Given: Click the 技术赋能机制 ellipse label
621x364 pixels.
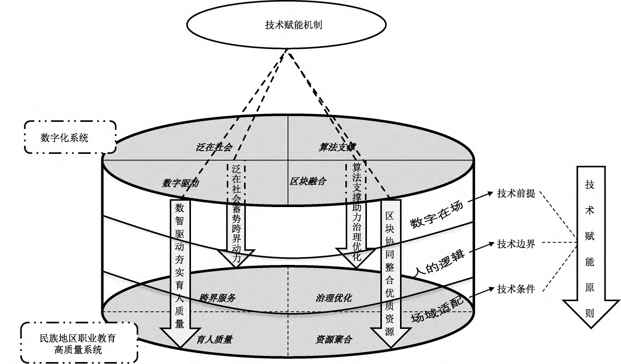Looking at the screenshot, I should point(293,25).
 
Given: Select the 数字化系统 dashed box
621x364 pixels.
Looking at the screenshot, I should point(70,138).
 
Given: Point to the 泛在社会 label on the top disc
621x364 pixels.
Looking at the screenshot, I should point(214,147).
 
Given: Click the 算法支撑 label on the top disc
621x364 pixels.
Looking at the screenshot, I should point(336,147).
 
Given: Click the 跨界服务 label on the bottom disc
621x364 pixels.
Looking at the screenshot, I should point(217,298).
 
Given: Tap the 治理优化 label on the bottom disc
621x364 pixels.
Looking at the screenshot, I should point(333,298).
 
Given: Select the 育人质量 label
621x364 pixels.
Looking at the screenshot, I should point(214,340).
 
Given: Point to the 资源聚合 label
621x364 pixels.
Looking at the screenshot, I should point(333,340).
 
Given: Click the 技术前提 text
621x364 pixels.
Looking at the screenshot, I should point(516,194).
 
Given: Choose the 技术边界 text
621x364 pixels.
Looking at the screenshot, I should point(516,244).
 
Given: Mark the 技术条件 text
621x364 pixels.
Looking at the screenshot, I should point(516,289).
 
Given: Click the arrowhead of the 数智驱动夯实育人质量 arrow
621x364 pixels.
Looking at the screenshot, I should point(179,339).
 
